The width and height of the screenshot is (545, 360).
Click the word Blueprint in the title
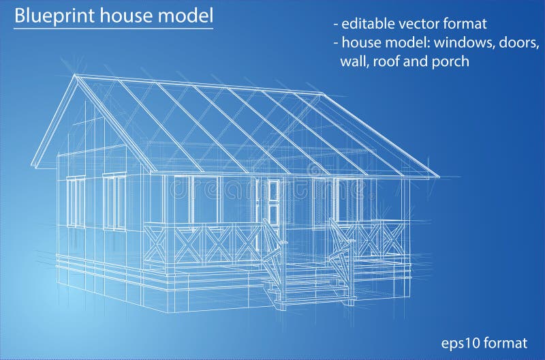pyautogui.click(x=50, y=16)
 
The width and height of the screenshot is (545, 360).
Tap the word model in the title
pyautogui.click(x=185, y=16)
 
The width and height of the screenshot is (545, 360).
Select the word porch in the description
pyautogui.click(x=450, y=61)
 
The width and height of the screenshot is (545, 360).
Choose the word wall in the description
pyautogui.click(x=353, y=61)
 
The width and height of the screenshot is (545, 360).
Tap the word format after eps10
pyautogui.click(x=508, y=342)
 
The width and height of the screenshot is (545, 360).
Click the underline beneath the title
pyautogui.click(x=113, y=29)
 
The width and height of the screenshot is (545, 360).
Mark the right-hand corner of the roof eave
pyautogui.click(x=439, y=177)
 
